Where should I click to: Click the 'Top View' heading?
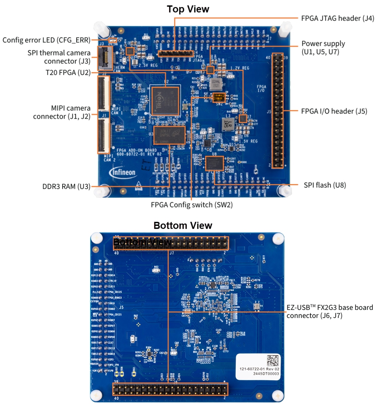coord(188,9)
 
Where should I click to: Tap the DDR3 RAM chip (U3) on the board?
coord(170,135)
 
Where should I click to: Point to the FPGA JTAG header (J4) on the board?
coord(175,54)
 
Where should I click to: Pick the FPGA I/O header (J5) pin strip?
coord(277,111)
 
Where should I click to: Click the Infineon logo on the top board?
coord(123,172)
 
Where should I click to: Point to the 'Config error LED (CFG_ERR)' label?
coord(46,40)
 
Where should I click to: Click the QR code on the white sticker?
coord(273,360)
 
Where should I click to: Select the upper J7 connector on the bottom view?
coord(170,244)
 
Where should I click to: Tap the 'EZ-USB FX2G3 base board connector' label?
coord(330,311)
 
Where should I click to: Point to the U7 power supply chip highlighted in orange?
coord(243,119)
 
